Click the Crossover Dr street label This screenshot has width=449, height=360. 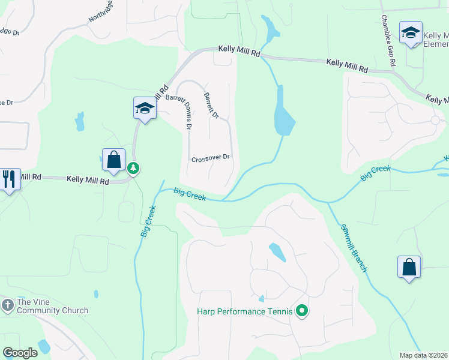click(210, 159)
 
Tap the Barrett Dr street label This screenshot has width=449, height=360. click(211, 104)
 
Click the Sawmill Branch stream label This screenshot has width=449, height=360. click(354, 248)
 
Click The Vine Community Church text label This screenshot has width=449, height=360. click(52, 306)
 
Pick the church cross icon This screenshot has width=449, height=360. click(7, 305)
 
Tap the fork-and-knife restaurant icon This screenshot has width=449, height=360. click(10, 179)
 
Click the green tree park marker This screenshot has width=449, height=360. click(133, 169)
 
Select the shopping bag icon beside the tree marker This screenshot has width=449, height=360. click(113, 160)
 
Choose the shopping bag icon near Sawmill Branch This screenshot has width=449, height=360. click(409, 267)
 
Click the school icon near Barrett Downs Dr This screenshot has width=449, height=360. click(145, 109)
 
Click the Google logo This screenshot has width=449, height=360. click(20, 353)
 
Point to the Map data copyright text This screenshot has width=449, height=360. click(423, 355)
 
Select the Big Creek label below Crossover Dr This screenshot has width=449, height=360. click(190, 194)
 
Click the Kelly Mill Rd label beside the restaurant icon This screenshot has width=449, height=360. click(88, 179)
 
